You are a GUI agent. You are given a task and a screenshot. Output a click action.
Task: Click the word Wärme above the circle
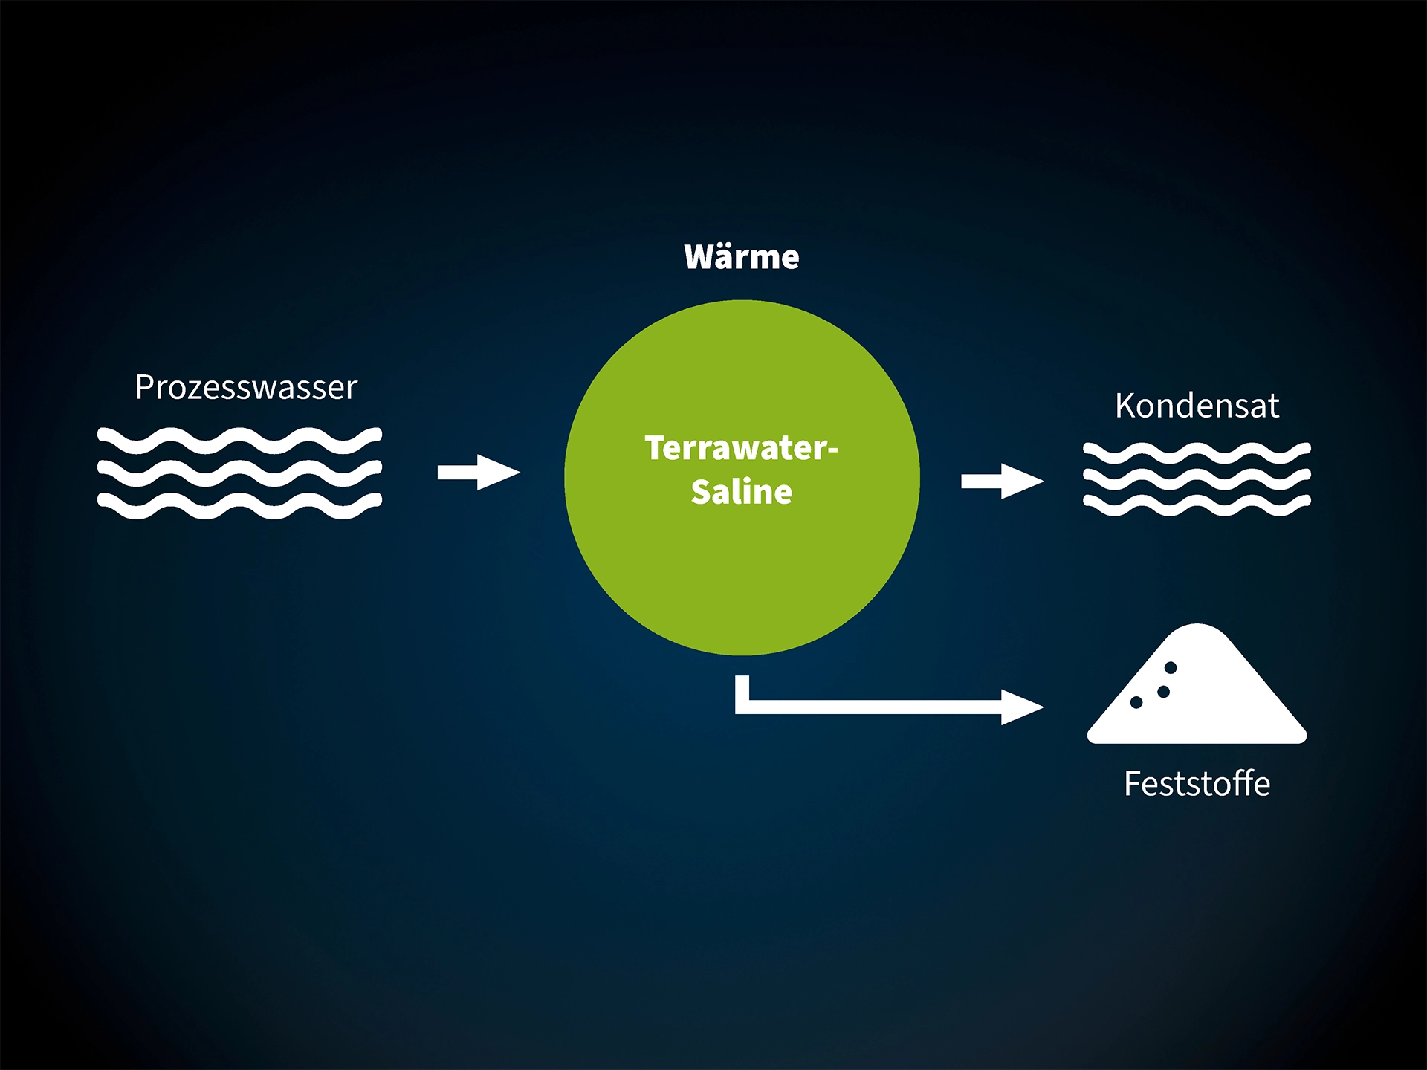point(742,257)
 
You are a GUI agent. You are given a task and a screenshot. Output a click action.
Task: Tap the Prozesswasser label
point(246,387)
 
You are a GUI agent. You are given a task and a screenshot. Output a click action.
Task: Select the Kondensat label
point(1197,406)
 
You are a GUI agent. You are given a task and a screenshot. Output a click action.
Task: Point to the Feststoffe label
point(1197,784)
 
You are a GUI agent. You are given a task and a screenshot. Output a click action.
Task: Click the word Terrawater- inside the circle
point(741,448)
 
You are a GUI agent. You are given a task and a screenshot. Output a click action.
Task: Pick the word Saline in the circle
point(742,492)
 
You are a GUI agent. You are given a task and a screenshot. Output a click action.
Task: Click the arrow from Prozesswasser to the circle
point(479,473)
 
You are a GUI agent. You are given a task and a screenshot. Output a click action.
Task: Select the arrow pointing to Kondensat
point(1003,481)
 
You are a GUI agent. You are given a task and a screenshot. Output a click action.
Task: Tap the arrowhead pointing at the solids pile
point(1023,707)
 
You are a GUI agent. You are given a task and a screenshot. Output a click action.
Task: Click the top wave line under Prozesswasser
point(239,440)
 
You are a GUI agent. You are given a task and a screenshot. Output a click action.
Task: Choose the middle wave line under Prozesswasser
point(239,473)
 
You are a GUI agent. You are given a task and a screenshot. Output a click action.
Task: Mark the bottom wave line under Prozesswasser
point(239,505)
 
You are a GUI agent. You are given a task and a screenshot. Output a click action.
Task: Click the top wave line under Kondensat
point(1197,453)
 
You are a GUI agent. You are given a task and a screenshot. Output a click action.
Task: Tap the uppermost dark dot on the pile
point(1171,667)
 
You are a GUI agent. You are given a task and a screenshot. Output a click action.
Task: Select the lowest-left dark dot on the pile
point(1136,702)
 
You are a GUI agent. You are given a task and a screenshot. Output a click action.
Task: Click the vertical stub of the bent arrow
point(742,691)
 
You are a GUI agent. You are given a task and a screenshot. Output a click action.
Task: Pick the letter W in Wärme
point(700,257)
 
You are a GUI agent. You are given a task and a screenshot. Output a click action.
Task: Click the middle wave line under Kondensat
point(1197,479)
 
